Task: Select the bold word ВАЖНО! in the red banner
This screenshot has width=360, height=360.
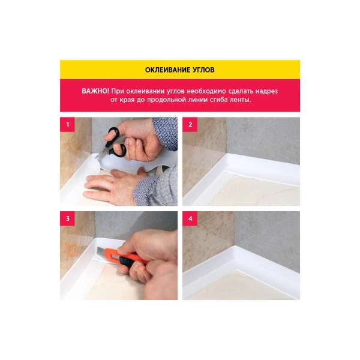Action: coord(95,91)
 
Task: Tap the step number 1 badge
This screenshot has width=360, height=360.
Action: coord(67,124)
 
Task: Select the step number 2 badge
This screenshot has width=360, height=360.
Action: coord(190,124)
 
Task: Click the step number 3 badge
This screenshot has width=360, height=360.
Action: coord(67,218)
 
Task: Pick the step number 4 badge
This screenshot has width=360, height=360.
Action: coord(190,218)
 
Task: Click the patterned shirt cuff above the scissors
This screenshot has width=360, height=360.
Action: coord(166,133)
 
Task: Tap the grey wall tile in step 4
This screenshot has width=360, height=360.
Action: coord(268,239)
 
